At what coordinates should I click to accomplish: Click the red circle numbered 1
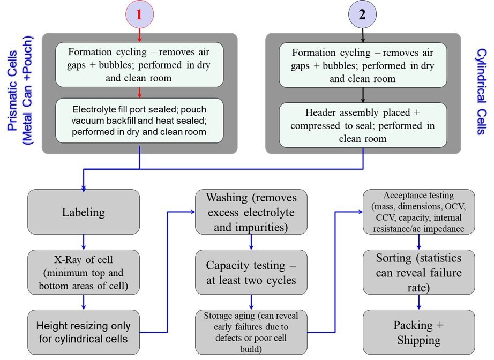pyautogui.click(x=139, y=14)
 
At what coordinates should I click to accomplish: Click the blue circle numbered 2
pyautogui.click(x=362, y=14)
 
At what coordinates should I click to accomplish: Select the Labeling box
pyautogui.click(x=84, y=212)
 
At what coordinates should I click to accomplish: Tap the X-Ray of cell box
pyautogui.click(x=84, y=273)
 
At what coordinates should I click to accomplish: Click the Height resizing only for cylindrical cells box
pyautogui.click(x=84, y=332)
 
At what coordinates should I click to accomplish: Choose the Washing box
pyautogui.click(x=251, y=212)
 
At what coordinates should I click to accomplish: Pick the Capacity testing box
pyautogui.click(x=251, y=273)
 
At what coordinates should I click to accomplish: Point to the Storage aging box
pyautogui.click(x=251, y=332)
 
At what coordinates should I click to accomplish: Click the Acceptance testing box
pyautogui.click(x=418, y=212)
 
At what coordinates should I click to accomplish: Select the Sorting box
pyautogui.click(x=418, y=273)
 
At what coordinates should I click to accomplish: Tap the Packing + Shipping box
pyautogui.click(x=418, y=332)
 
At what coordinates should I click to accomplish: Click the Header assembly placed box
pyautogui.click(x=363, y=125)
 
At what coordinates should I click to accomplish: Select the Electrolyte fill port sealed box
pyautogui.click(x=139, y=121)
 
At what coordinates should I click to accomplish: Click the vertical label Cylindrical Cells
pyautogui.click(x=482, y=91)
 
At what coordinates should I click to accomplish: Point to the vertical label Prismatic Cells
pyautogui.click(x=19, y=91)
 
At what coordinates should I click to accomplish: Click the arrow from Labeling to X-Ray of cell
pyautogui.click(x=84, y=242)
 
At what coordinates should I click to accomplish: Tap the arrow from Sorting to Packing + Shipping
pyautogui.click(x=418, y=302)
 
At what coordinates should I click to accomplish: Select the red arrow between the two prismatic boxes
pyautogui.click(x=139, y=93)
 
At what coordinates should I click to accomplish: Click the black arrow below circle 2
pyautogui.click(x=363, y=35)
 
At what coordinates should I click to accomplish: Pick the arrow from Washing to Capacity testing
pyautogui.click(x=251, y=242)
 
